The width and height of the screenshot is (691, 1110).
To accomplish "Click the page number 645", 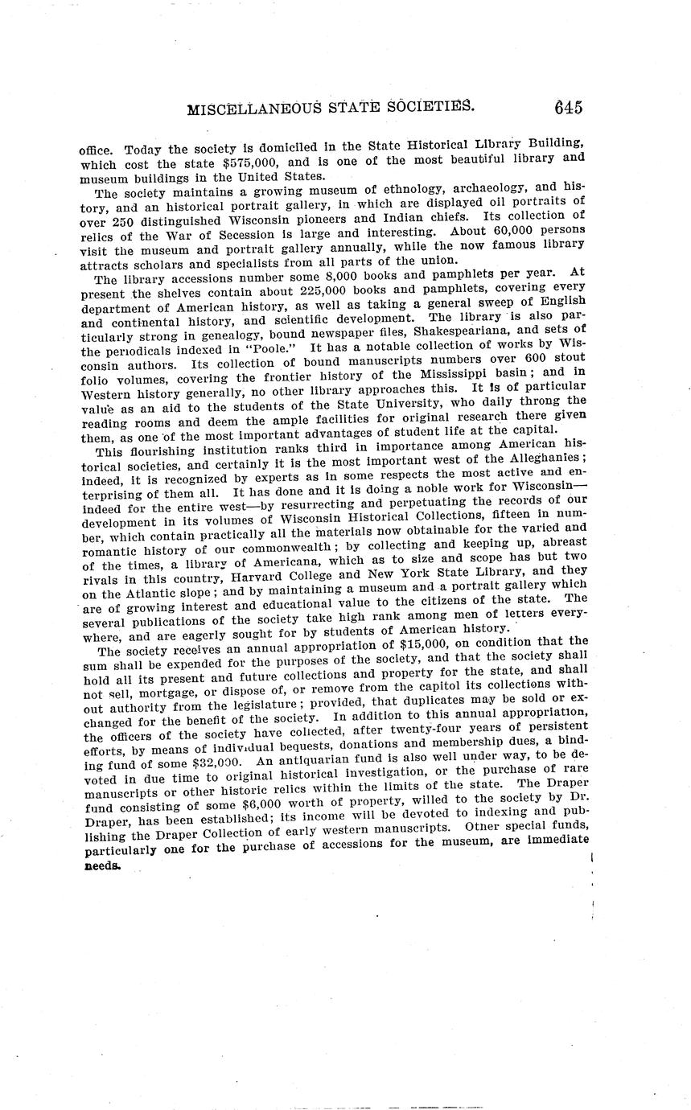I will coord(567,108).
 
